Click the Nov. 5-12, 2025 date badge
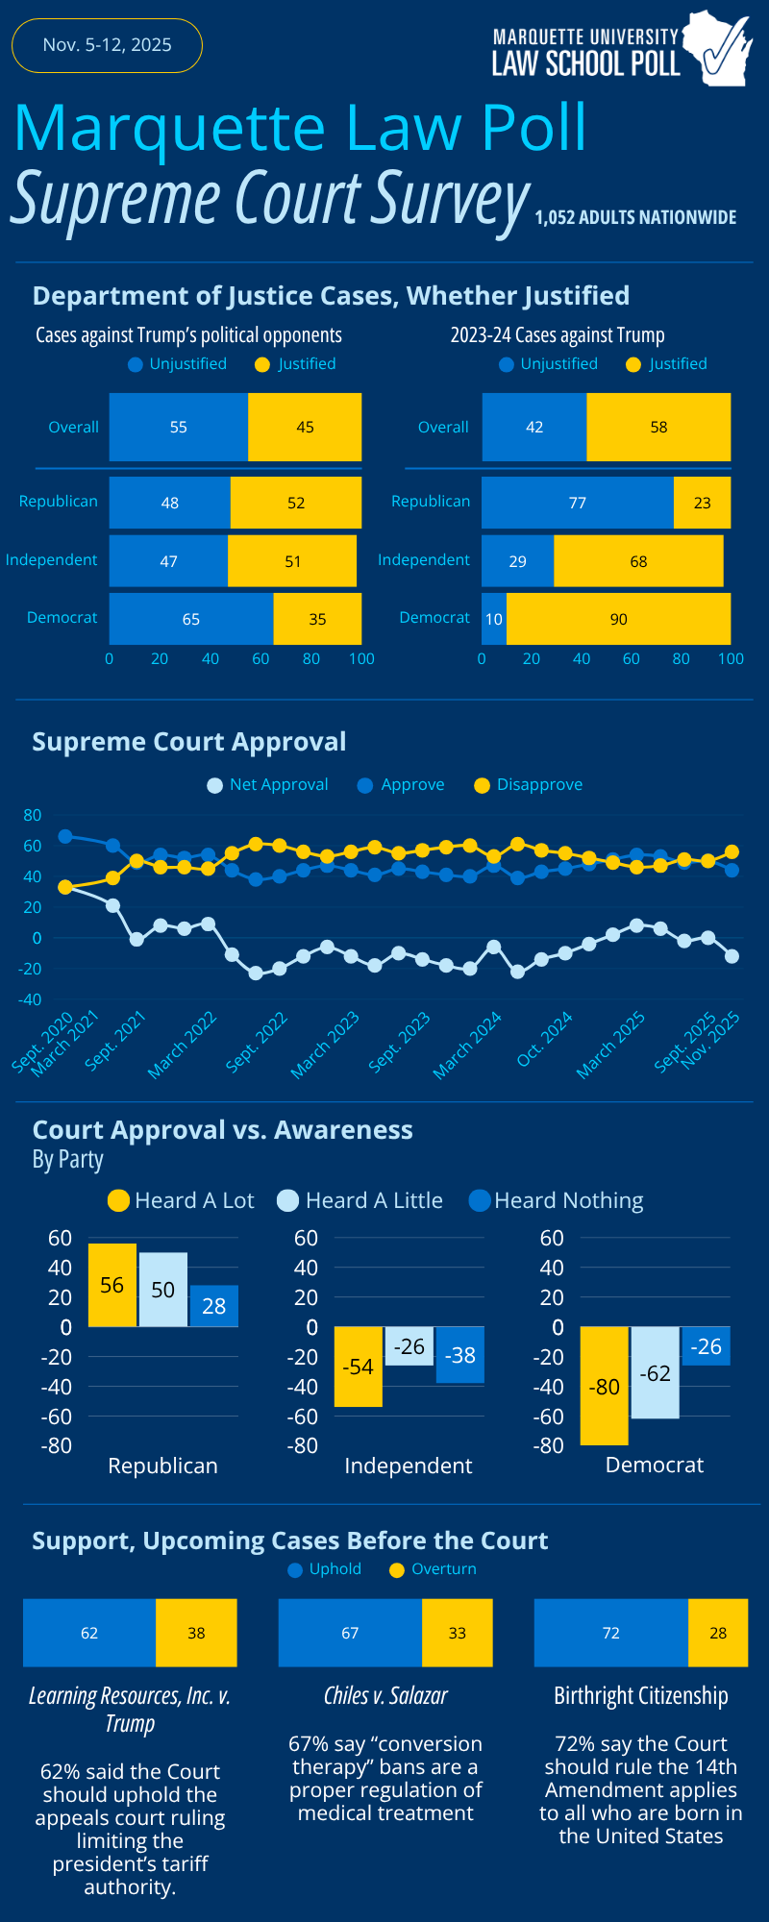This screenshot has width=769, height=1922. [x=107, y=45]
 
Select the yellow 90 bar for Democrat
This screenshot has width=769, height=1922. [x=618, y=619]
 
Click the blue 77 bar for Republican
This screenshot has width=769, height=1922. [x=577, y=503]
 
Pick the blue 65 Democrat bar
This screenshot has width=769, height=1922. [x=190, y=619]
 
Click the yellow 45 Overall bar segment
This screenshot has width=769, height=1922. [x=305, y=427]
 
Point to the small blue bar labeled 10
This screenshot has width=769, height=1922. [x=493, y=619]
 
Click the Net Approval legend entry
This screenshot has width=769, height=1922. [x=268, y=785]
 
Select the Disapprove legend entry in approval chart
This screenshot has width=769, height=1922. [x=529, y=785]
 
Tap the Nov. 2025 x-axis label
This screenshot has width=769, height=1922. [x=712, y=1041]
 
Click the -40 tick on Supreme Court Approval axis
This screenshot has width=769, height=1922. [x=33, y=999]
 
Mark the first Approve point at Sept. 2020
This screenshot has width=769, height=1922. [x=65, y=836]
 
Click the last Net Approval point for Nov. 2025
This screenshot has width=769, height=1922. [x=732, y=956]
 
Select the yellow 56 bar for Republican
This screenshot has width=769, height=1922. [x=112, y=1285]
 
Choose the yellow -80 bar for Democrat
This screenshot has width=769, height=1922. [x=604, y=1386]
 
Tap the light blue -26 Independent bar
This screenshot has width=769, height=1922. [x=409, y=1346]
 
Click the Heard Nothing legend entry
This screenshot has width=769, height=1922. [x=557, y=1200]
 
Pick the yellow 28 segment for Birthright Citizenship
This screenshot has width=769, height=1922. [x=718, y=1633]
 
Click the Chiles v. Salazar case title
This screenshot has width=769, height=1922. [x=385, y=1696]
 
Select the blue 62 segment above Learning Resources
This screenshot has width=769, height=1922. [x=89, y=1633]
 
